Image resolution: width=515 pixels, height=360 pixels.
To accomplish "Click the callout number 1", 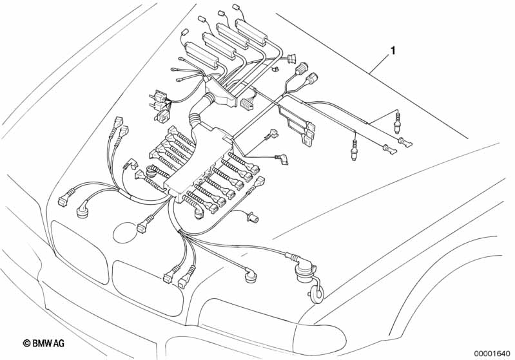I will tap(391, 50).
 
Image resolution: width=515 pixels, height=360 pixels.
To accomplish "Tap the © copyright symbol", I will tap(27, 345).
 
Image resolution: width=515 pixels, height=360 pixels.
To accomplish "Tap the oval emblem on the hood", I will tap(122, 230).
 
